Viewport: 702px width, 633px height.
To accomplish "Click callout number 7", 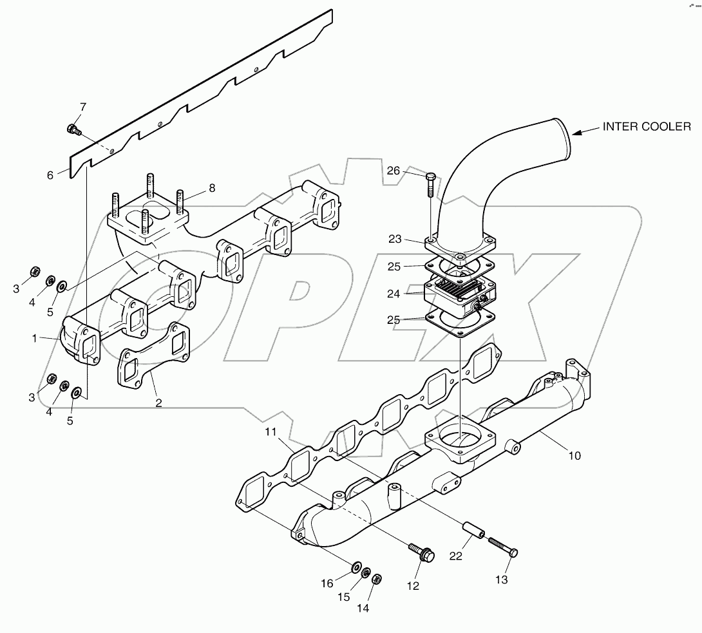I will [82, 106].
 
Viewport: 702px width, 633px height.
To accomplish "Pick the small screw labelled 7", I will [73, 129].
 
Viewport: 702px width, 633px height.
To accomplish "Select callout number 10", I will [574, 455].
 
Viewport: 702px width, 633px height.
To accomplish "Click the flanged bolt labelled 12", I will [422, 552].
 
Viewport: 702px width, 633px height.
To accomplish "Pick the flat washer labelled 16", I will [356, 567].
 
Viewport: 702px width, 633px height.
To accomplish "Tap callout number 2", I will [158, 404].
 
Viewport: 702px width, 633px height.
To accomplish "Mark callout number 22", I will [456, 556].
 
